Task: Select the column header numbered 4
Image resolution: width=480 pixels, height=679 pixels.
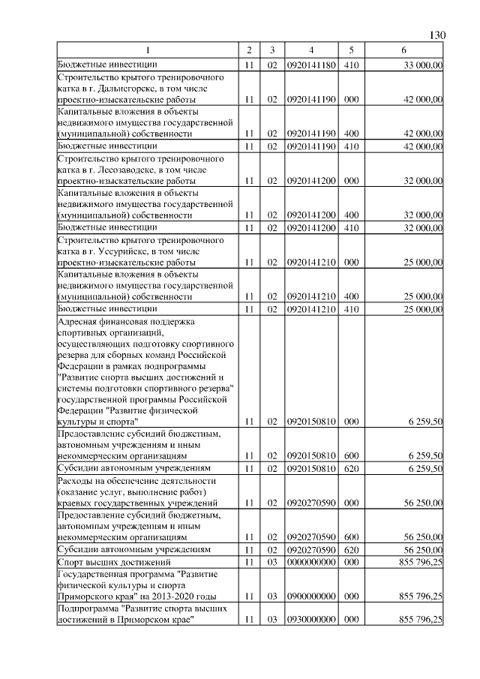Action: (310, 50)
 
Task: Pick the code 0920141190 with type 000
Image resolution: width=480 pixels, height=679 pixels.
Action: (310, 98)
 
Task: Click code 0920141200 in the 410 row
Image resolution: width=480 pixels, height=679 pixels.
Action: (310, 227)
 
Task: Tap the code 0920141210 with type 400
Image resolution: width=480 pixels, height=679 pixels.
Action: (310, 296)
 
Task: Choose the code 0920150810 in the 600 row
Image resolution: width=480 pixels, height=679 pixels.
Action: (310, 455)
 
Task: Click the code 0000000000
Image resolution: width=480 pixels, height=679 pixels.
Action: (310, 561)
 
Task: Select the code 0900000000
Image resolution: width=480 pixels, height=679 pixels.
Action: (310, 596)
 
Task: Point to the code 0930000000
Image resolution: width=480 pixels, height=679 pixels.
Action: (310, 619)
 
